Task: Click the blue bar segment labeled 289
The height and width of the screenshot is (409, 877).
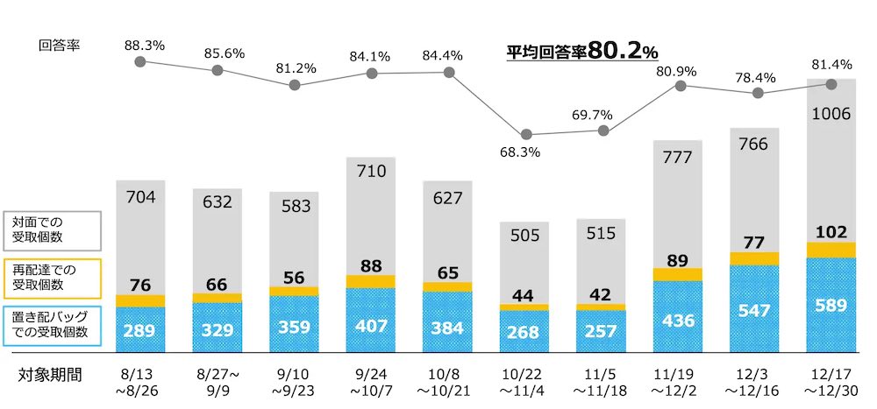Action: [x=140, y=330]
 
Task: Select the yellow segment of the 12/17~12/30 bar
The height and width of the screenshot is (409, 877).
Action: [x=831, y=250]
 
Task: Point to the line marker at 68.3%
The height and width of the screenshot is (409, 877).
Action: [x=526, y=135]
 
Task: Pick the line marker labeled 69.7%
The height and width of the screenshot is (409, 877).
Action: [x=602, y=130]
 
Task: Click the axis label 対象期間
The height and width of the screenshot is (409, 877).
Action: [x=51, y=375]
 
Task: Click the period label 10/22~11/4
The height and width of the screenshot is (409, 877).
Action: [x=525, y=382]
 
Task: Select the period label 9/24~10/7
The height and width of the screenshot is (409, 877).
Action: [x=371, y=382]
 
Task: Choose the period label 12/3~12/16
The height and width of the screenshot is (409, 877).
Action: [x=755, y=382]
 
